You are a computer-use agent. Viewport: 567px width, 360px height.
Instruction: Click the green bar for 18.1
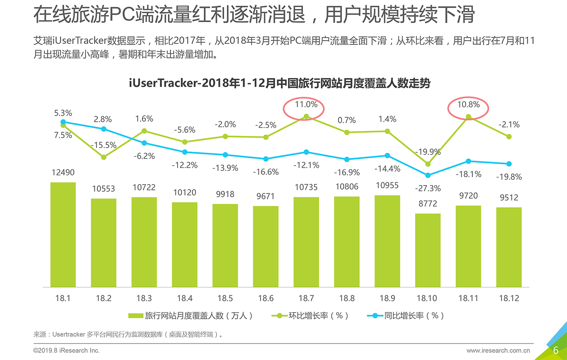pos(63,235)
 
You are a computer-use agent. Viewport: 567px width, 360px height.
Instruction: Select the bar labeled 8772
pos(428,250)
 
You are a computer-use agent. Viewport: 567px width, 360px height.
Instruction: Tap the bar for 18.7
pos(306,242)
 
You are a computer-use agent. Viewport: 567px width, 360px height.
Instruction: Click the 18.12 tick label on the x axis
pos(509,298)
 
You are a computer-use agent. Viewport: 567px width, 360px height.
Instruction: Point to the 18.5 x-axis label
pos(225,298)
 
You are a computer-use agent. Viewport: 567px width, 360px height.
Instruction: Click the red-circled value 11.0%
pos(306,105)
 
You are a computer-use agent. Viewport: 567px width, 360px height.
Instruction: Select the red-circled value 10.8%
pos(468,105)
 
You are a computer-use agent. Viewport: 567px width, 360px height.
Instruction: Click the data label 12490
pos(63,173)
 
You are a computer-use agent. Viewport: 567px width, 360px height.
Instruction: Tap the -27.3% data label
pos(428,188)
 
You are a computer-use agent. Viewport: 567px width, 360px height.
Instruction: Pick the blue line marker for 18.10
pos(428,175)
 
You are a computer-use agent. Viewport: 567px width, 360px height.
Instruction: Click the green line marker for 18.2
pos(104,157)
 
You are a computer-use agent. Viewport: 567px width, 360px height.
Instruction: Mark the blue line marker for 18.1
pos(63,122)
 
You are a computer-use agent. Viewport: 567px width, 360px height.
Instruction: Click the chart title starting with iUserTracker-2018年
pos(280,83)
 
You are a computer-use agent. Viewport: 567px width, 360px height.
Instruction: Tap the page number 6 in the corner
pos(555,350)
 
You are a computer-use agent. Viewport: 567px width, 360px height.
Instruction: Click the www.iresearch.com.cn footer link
pos(498,351)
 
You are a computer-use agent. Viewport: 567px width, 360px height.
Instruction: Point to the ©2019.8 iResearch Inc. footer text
pos(67,351)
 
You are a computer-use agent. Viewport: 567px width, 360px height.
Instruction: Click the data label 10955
pos(387,185)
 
